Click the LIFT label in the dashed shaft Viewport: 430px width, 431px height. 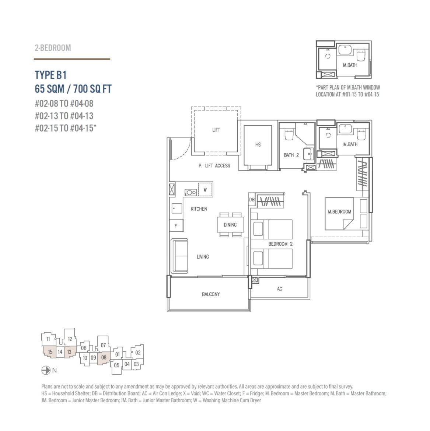click(x=216, y=130)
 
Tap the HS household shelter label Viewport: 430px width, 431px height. click(x=258, y=144)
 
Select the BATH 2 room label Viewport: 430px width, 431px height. click(x=291, y=155)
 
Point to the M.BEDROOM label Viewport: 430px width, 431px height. click(x=339, y=212)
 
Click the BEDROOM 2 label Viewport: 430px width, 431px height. click(x=280, y=244)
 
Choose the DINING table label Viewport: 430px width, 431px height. click(x=230, y=225)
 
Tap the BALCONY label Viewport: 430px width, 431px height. click(x=211, y=294)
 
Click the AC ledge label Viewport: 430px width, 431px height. click(x=280, y=288)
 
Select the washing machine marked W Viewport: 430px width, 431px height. click(x=205, y=189)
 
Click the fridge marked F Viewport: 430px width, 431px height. click(x=176, y=226)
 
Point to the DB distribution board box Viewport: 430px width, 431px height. click(x=252, y=200)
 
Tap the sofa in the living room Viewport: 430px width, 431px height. click(x=179, y=256)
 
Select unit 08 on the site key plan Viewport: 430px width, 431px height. click(x=104, y=358)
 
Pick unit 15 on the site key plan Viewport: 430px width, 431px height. click(x=50, y=352)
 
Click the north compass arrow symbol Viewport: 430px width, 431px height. click(x=46, y=371)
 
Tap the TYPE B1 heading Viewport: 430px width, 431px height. click(x=50, y=75)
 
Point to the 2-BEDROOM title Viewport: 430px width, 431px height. click(x=53, y=48)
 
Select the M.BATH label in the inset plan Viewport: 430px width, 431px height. click(x=350, y=65)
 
